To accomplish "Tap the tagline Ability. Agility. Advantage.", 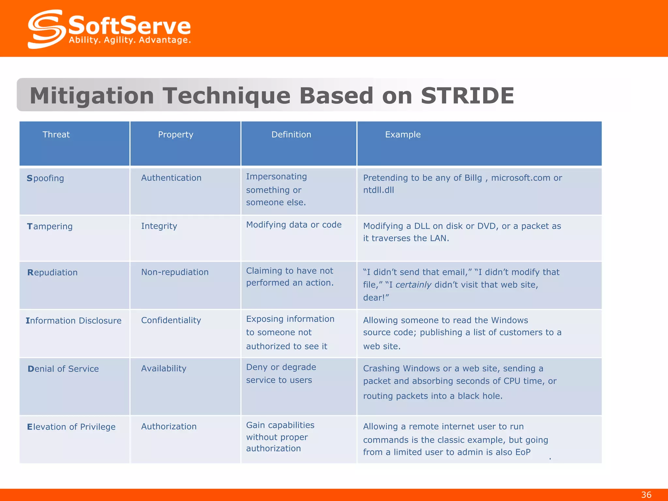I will (130, 40).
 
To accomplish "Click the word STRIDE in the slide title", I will (467, 96).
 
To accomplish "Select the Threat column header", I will (56, 135).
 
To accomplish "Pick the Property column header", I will (175, 135).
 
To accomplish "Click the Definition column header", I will (291, 135).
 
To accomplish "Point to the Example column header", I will (403, 135).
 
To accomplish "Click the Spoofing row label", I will (45, 178).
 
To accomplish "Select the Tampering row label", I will (50, 226).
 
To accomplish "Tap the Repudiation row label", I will (53, 273).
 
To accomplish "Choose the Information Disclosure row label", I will (73, 321).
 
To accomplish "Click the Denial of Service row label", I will (63, 369).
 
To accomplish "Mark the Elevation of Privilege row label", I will (71, 427).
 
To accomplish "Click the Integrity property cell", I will (159, 226).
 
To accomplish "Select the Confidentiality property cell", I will (171, 320).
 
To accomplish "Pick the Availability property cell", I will (164, 369).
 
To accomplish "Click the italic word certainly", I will (413, 285).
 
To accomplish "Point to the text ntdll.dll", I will (378, 190).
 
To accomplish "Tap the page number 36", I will (646, 495).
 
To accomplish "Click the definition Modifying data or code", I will (294, 225).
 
